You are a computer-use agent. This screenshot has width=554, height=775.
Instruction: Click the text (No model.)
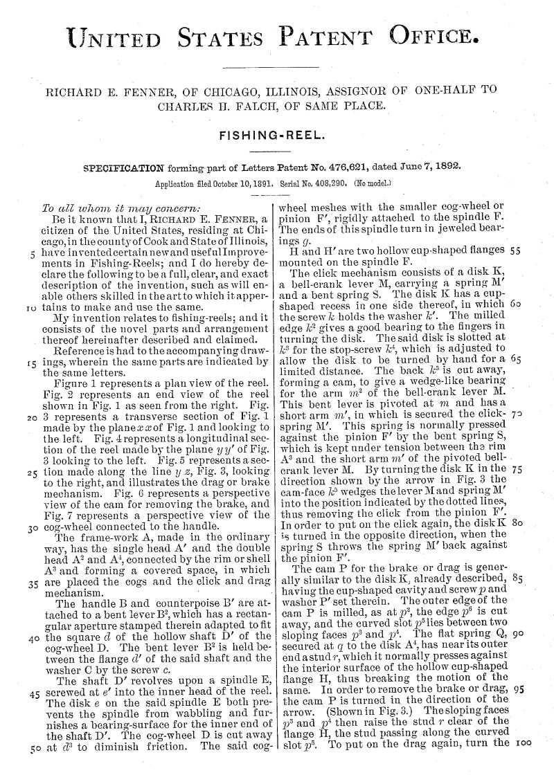(x=373, y=185)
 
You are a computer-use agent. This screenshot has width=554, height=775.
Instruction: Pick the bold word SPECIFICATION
(x=123, y=167)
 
